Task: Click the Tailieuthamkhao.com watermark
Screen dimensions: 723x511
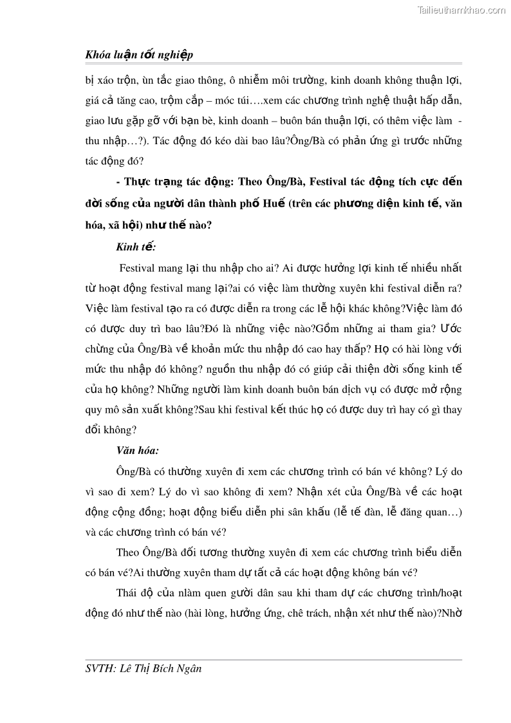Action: pos(461,10)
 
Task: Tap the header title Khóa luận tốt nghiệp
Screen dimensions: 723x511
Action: pos(139,55)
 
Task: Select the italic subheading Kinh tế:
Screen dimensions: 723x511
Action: pos(136,247)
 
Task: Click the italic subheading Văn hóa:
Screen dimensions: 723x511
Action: pos(138,451)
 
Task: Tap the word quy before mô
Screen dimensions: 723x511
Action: pos(95,409)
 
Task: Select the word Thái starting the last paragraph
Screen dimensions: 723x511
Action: pos(128,594)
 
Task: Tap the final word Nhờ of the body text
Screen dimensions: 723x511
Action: pos(451,614)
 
